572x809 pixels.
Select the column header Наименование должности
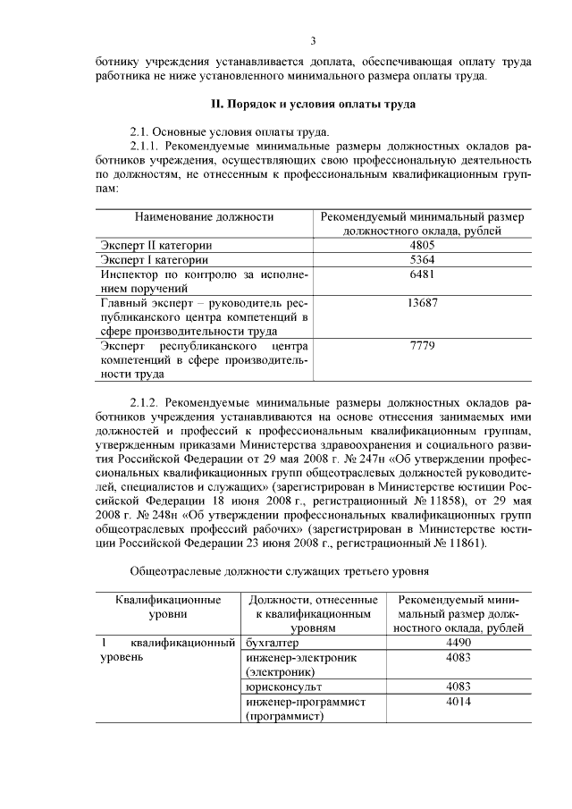(204, 216)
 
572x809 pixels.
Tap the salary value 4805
(421, 245)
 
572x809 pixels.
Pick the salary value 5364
(421, 260)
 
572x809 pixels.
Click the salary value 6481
(421, 274)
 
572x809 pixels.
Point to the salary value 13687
(421, 303)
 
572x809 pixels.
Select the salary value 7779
(421, 346)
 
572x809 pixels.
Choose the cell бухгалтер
(274, 642)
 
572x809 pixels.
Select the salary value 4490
(457, 642)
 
